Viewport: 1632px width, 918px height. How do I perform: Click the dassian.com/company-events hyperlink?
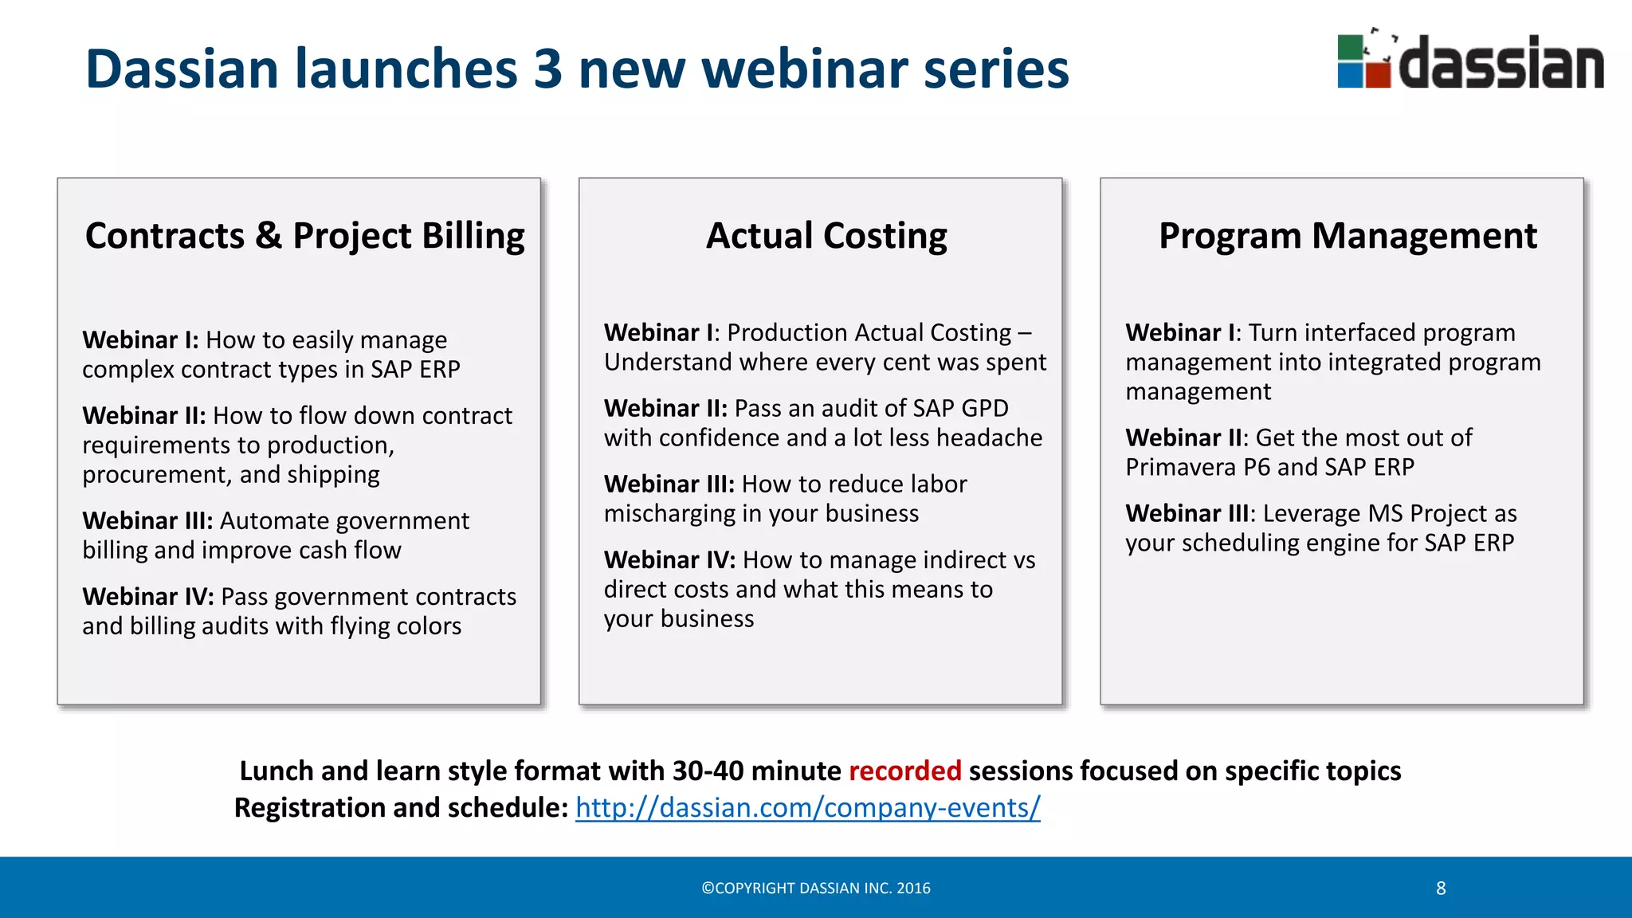point(807,808)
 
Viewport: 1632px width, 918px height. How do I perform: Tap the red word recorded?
point(904,771)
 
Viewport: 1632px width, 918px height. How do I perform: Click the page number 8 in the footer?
point(1441,889)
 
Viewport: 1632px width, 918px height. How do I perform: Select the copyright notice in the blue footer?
point(815,889)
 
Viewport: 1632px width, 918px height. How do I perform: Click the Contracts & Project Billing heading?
point(304,236)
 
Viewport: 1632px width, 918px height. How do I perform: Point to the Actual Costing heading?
point(826,236)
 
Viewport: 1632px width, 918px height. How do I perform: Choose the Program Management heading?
point(1348,236)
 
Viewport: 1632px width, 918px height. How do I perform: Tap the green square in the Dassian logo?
point(1351,48)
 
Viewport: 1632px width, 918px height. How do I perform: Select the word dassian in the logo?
point(1501,64)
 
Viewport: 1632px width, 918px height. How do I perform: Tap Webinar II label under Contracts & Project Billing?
point(143,415)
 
